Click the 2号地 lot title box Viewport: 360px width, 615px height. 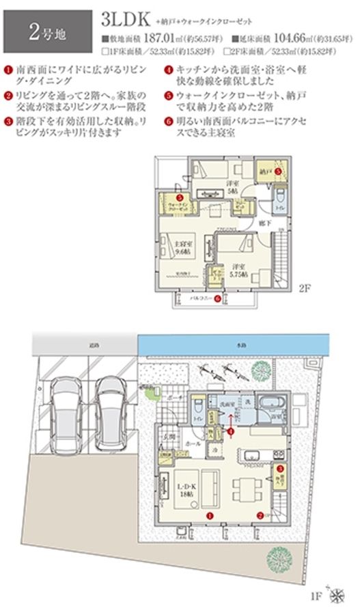click(x=47, y=31)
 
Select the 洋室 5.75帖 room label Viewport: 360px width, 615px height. click(x=237, y=268)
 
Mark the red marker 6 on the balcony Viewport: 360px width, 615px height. click(x=217, y=298)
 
